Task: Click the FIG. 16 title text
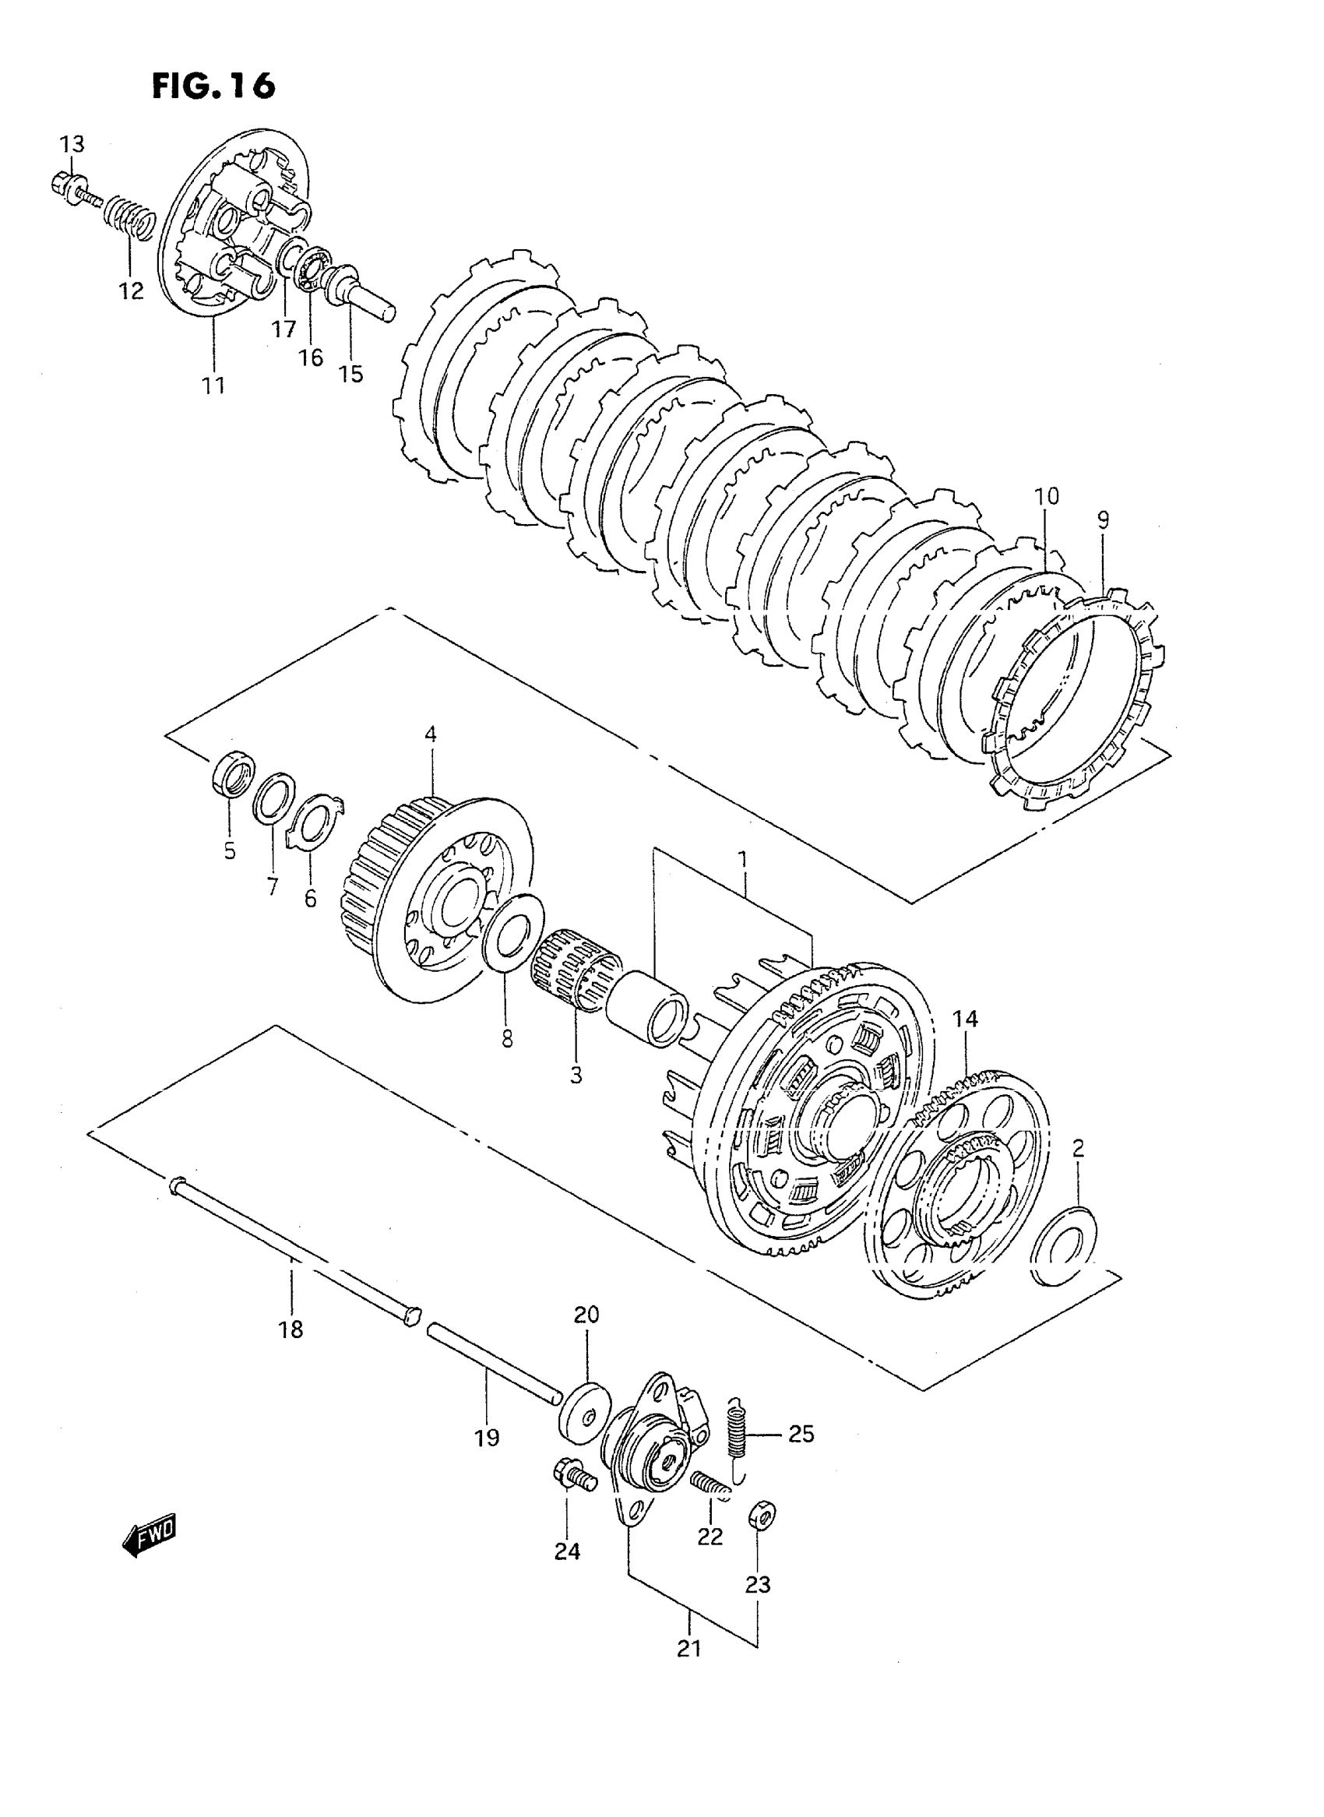tap(213, 86)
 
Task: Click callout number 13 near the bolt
tap(72, 145)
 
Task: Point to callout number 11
tap(213, 386)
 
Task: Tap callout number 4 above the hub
tap(431, 734)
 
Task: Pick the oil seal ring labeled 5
tap(233, 775)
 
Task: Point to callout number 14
tap(965, 1019)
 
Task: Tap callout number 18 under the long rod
tap(291, 1330)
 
